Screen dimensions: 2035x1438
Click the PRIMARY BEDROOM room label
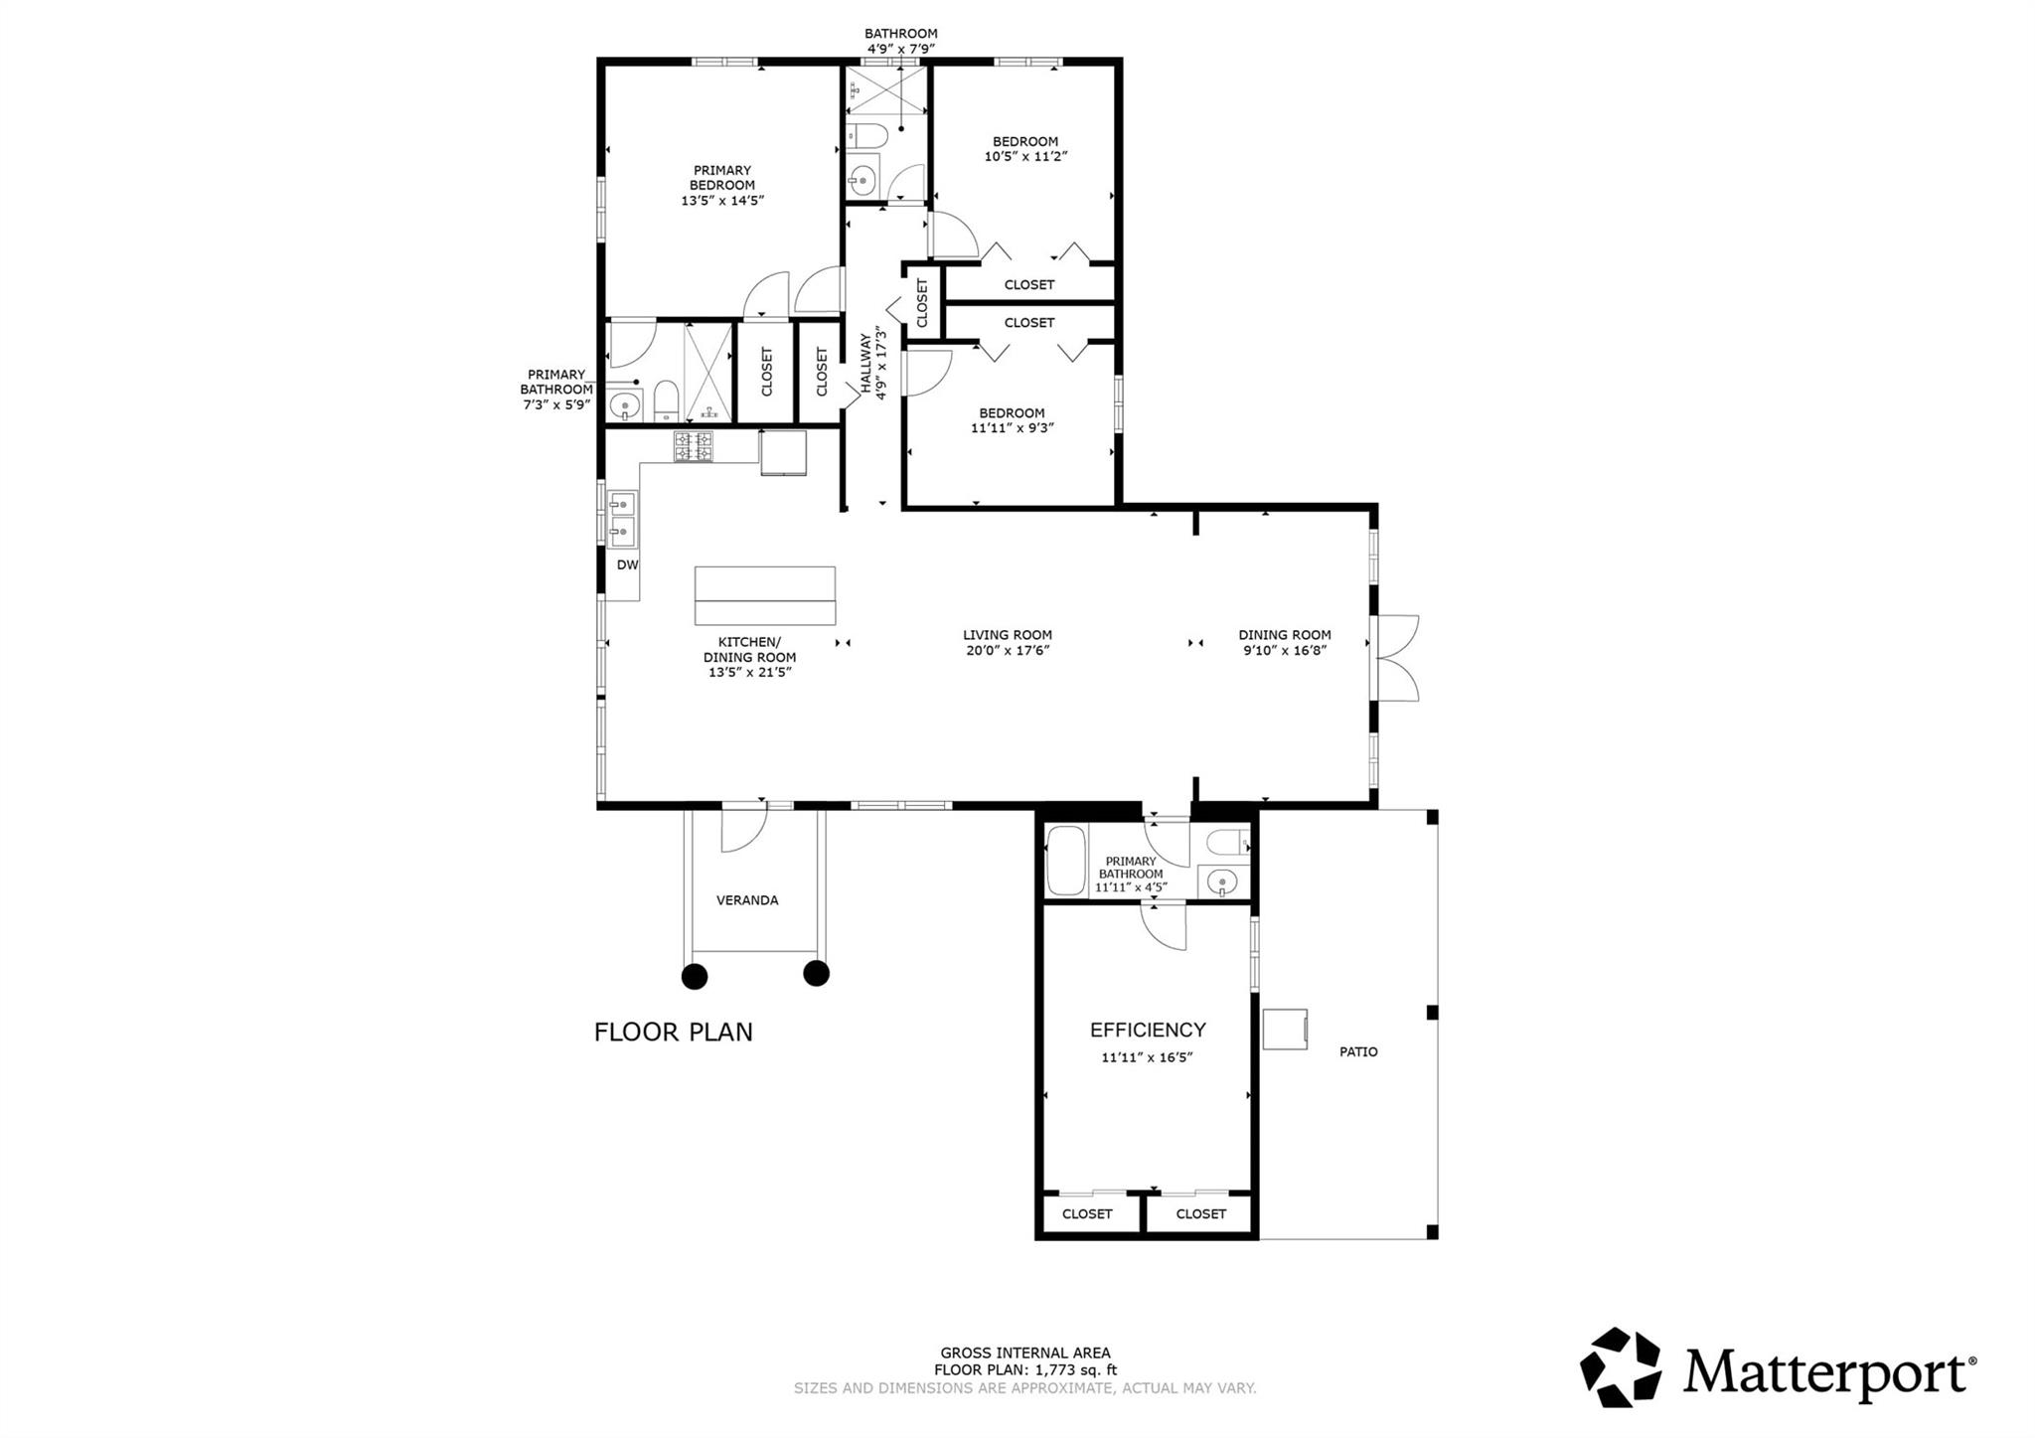click(722, 185)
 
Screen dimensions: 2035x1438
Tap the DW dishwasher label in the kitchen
click(627, 565)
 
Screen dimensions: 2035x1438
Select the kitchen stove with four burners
click(694, 446)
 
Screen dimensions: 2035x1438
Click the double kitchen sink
click(622, 518)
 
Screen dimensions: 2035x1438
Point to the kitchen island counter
click(764, 596)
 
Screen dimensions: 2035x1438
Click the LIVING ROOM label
click(1007, 635)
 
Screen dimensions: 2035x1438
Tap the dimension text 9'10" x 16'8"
click(1284, 650)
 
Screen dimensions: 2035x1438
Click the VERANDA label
click(747, 900)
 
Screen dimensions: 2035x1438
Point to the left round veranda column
click(695, 976)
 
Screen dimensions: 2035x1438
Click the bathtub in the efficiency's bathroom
click(1067, 861)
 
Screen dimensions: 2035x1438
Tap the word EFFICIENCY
click(1148, 1030)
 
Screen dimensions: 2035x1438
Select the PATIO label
click(1358, 1051)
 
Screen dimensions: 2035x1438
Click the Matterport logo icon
click(1621, 1366)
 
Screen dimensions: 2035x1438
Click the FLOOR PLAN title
click(674, 1033)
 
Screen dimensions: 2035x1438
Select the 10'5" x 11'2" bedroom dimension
click(1025, 156)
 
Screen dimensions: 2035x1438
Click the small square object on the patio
click(1285, 1029)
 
